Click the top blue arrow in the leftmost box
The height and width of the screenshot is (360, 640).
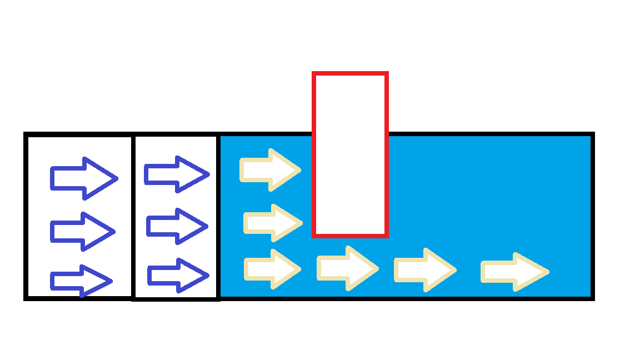pos(83,178)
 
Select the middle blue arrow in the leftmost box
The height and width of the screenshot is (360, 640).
pos(82,231)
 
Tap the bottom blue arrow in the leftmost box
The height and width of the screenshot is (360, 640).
pos(81,281)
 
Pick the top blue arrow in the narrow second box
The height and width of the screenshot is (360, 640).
pos(176,174)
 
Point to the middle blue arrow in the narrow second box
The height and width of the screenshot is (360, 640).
pos(177,226)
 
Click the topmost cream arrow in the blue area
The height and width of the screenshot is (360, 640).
pos(270,169)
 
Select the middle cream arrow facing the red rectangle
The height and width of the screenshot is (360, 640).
pos(272,223)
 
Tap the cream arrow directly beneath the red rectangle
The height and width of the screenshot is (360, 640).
pos(347,268)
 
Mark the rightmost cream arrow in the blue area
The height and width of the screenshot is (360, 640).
pos(514,272)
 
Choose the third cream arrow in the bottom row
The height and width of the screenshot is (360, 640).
pos(424,270)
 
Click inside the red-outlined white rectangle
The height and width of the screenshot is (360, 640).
pos(350,154)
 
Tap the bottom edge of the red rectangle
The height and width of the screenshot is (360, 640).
pos(350,236)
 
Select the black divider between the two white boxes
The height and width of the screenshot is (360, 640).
pos(132,217)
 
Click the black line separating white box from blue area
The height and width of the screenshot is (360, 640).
pos(218,217)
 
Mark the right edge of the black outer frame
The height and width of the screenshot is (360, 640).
pos(592,217)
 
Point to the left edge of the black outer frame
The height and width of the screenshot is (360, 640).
pos(26,217)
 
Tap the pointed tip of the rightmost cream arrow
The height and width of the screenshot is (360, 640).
pos(548,272)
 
